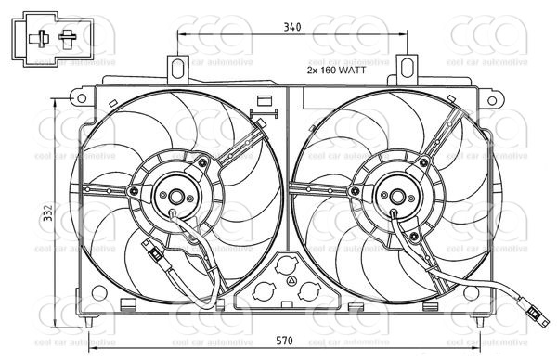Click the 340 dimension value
291,28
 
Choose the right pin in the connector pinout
67,38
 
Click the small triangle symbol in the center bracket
291,281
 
